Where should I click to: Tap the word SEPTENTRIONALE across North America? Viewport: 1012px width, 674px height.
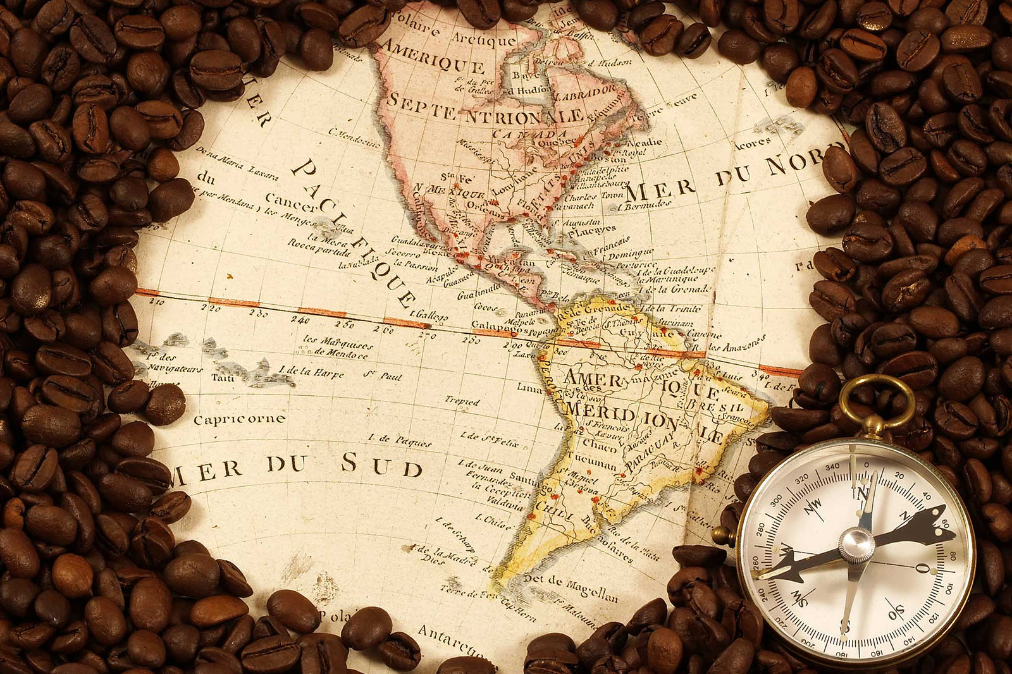point(484,109)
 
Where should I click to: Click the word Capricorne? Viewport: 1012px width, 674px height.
point(239,419)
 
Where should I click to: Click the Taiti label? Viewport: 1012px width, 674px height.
point(222,377)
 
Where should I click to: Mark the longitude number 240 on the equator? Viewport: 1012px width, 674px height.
point(300,319)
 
